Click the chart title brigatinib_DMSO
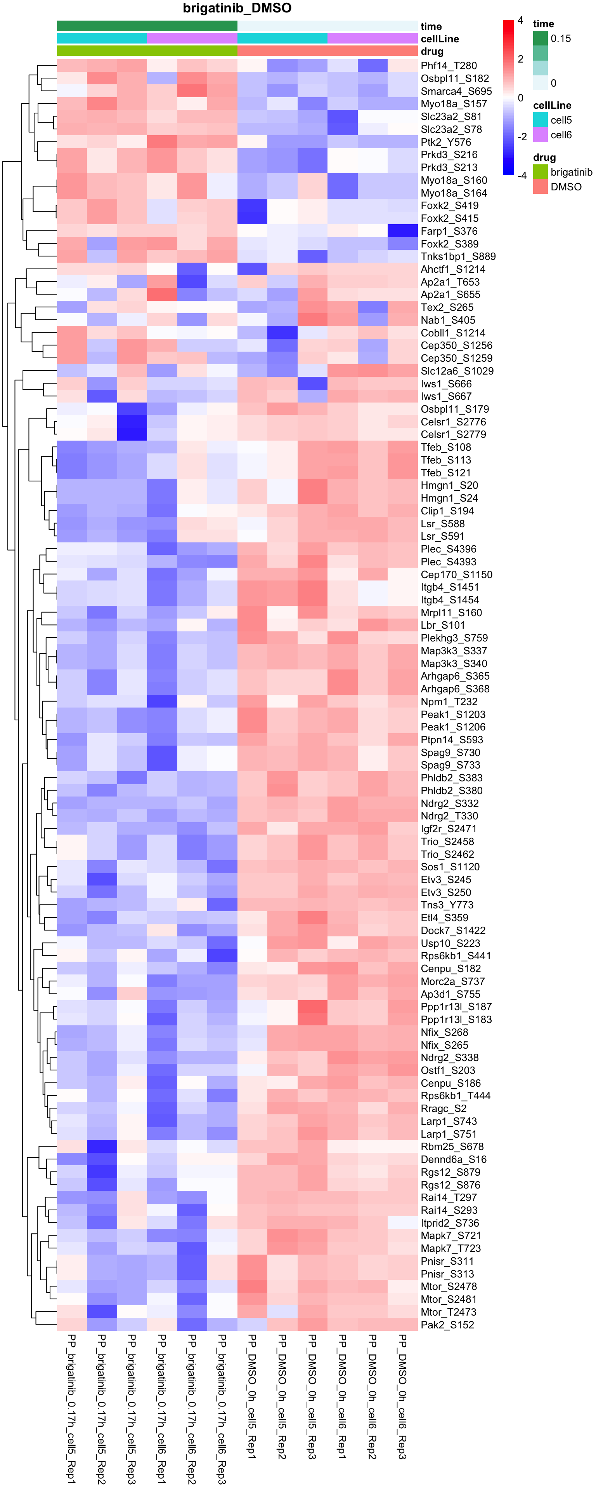(x=237, y=8)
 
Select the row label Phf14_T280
(x=449, y=65)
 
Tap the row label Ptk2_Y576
(x=445, y=142)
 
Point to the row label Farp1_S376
(x=449, y=231)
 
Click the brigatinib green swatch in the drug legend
(x=540, y=172)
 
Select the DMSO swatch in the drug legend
(x=540, y=186)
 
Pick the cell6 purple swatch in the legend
(x=540, y=135)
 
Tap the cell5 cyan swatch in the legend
(x=540, y=120)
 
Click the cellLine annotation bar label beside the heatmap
(x=440, y=39)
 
